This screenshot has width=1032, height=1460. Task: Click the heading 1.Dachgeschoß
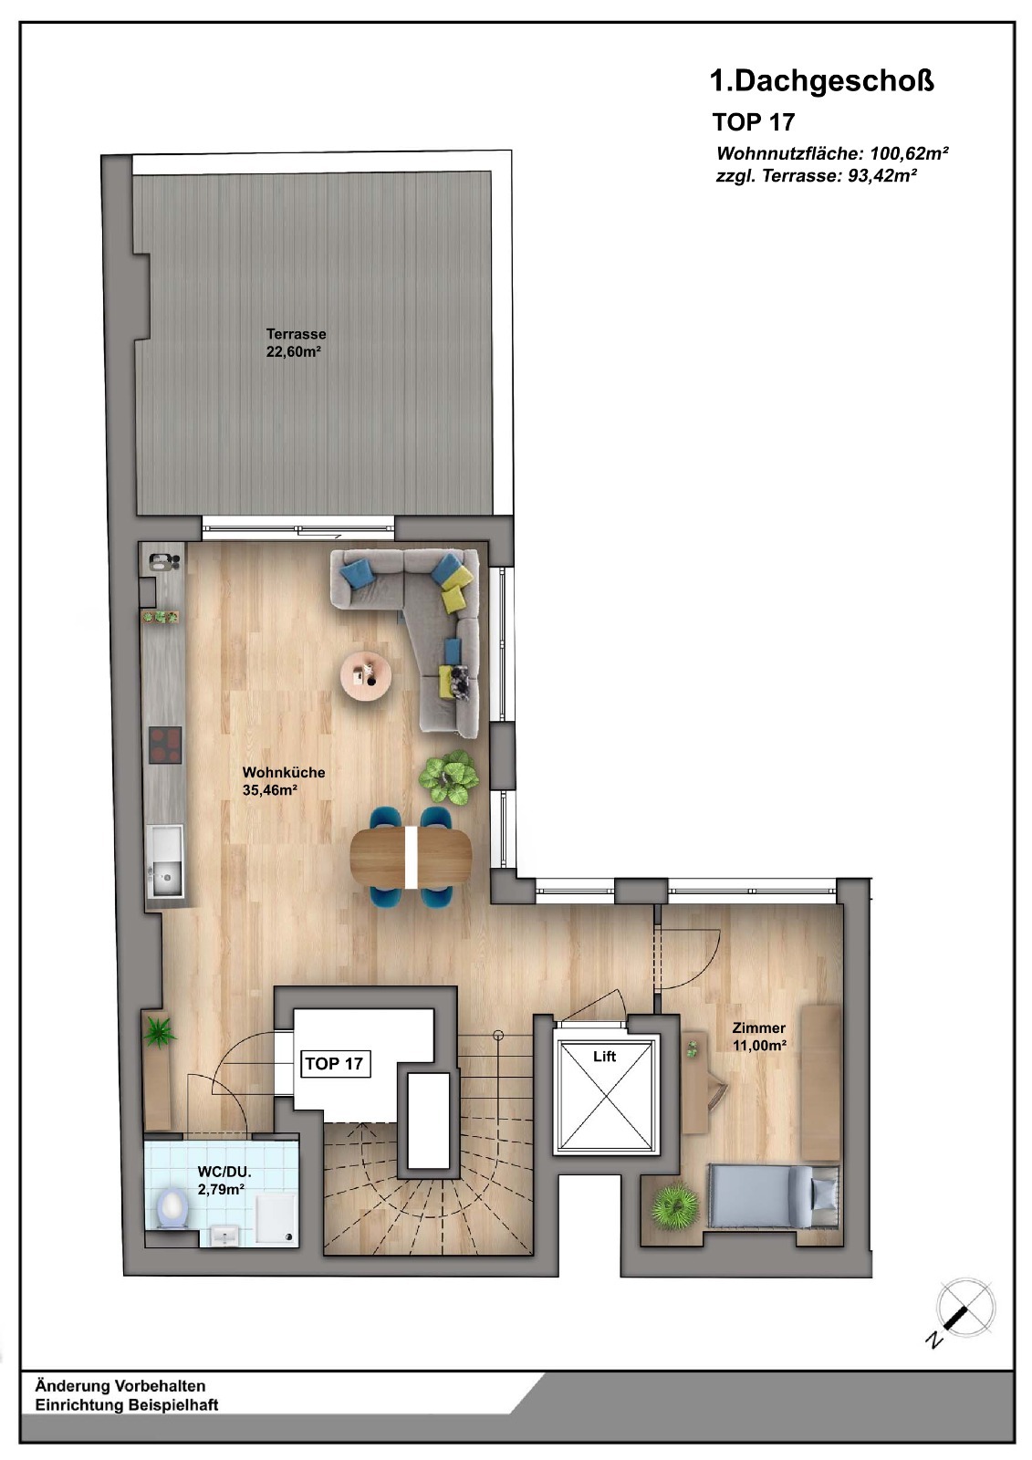click(821, 81)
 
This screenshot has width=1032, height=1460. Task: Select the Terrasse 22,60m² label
click(296, 343)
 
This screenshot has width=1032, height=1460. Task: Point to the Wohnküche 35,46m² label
click(284, 781)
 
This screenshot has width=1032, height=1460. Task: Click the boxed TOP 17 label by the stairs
click(334, 1064)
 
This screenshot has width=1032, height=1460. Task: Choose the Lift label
click(604, 1057)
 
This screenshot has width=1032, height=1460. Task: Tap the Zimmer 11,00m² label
click(759, 1037)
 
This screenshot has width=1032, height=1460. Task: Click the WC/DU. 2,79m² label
click(224, 1181)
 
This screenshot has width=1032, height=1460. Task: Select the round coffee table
click(367, 676)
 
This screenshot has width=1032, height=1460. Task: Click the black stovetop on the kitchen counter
click(165, 745)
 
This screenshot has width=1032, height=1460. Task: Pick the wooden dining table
click(411, 858)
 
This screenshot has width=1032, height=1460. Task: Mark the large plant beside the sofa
click(449, 777)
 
